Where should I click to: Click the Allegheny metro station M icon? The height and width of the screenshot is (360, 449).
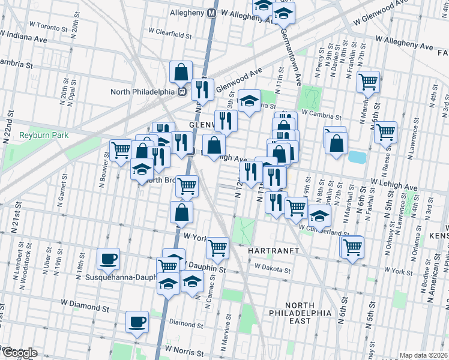coord(212,12)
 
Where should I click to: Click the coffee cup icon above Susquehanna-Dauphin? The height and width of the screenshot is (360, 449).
coord(109,259)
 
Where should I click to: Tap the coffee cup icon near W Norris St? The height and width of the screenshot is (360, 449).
coord(137,321)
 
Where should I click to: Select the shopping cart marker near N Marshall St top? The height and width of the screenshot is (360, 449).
coord(368,81)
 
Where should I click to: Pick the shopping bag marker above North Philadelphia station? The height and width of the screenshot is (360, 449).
coord(181,72)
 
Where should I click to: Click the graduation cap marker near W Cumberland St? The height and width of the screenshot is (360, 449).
coord(319,216)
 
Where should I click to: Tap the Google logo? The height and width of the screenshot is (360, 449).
coord(19,353)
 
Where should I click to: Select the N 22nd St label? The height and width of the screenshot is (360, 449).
coord(8,127)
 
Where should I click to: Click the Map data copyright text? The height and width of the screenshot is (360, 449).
coord(423,355)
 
